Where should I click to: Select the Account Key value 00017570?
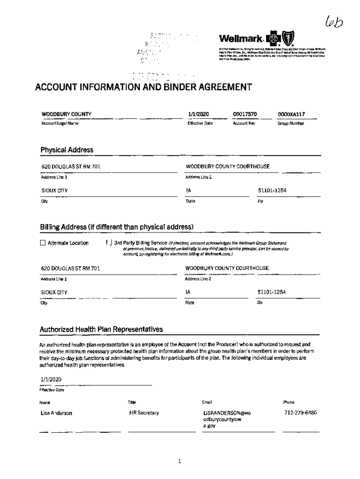tap(245, 114)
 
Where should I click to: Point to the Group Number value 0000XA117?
tap(291, 114)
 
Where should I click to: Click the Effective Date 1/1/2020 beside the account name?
tap(197, 114)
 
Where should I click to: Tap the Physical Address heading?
tap(66, 150)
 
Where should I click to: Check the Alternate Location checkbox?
tap(43, 243)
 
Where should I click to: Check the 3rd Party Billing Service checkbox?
tap(109, 243)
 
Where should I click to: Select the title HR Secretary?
tap(144, 413)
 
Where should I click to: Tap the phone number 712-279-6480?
tap(301, 413)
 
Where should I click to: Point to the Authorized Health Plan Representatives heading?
tap(101, 329)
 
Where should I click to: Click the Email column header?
tap(207, 402)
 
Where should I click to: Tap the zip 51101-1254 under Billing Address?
tap(272, 292)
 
